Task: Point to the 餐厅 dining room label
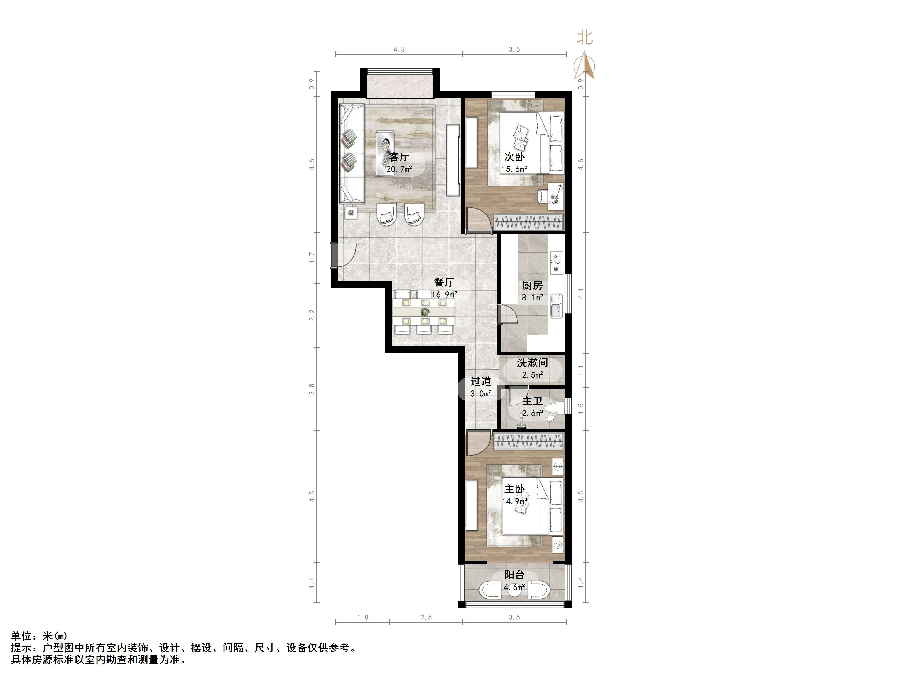tap(444, 282)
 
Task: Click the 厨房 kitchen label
tap(532, 285)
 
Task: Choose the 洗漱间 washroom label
tap(532, 363)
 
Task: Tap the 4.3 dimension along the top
tap(399, 49)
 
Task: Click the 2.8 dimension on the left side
tap(312, 389)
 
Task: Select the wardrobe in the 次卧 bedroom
tap(528, 222)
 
